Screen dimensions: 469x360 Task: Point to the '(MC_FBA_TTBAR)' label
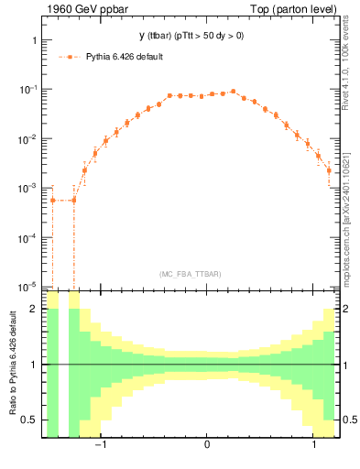pos(190,274)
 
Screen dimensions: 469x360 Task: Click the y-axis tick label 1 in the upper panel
pos(33,41)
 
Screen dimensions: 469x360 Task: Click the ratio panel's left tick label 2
pos(34,309)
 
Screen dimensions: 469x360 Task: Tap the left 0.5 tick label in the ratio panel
pos(29,420)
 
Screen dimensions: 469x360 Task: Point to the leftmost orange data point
pos(53,200)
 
